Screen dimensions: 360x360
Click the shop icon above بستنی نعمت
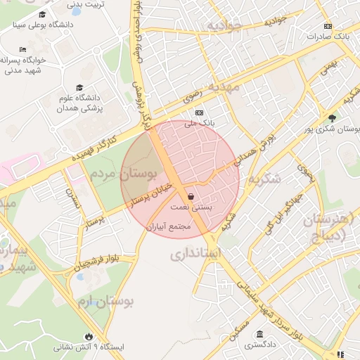192,198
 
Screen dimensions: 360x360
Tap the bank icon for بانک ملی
199,112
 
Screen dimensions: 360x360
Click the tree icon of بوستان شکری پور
332,117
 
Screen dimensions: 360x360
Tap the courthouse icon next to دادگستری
260,333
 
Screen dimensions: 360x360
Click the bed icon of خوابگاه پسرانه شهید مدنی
23,49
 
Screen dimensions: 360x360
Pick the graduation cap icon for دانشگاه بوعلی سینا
42,15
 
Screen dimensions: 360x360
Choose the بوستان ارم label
105,302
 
